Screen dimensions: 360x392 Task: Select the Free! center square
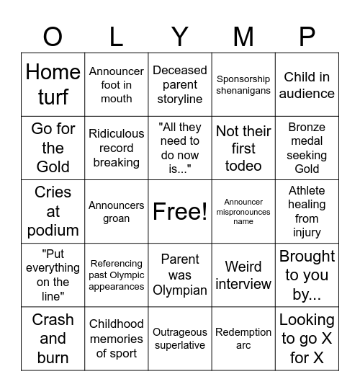coord(180,212)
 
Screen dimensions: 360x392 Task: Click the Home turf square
coord(53,85)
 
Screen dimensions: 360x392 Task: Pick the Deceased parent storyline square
coord(180,85)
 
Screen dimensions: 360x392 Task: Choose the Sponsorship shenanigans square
coord(243,85)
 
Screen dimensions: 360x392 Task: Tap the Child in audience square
coord(307,85)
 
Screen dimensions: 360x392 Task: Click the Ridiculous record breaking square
coord(117,148)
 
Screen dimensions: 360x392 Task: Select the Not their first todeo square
coord(243,148)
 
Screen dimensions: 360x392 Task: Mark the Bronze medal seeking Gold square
coord(307,148)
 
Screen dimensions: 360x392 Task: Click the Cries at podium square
coord(53,212)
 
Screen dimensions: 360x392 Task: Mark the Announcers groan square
coord(117,212)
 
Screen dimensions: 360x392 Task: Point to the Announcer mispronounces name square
coord(243,212)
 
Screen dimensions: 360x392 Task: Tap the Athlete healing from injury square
coord(307,212)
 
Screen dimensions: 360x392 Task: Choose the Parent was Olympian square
coord(180,275)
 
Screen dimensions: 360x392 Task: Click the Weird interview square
coord(243,275)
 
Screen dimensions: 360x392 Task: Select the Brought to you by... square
coord(307,275)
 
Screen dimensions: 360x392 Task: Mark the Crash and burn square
coord(53,339)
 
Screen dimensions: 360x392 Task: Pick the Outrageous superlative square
coord(180,339)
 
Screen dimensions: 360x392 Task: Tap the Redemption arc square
coord(243,339)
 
